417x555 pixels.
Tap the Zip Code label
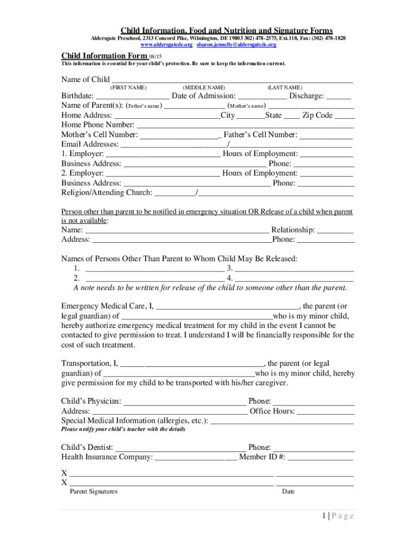pyautogui.click(x=317, y=115)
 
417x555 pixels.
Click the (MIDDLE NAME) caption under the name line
pyautogui.click(x=204, y=88)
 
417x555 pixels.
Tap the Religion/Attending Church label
pyautogui.click(x=107, y=193)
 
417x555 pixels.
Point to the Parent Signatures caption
pyautogui.click(x=94, y=492)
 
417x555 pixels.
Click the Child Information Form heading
pyautogui.click(x=104, y=56)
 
